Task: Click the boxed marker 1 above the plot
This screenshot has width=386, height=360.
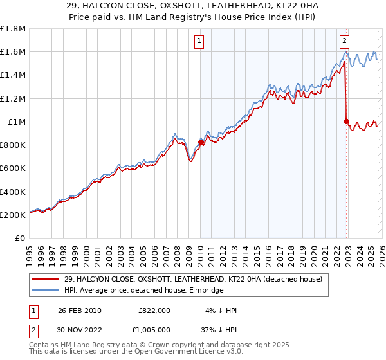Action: click(200, 40)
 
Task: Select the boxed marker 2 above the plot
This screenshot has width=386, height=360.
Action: click(345, 40)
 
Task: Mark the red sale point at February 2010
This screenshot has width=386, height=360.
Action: click(201, 143)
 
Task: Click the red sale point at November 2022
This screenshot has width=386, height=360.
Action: click(346, 121)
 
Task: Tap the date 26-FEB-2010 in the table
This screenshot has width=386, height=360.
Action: click(79, 310)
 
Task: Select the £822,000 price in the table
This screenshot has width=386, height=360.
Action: click(154, 310)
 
